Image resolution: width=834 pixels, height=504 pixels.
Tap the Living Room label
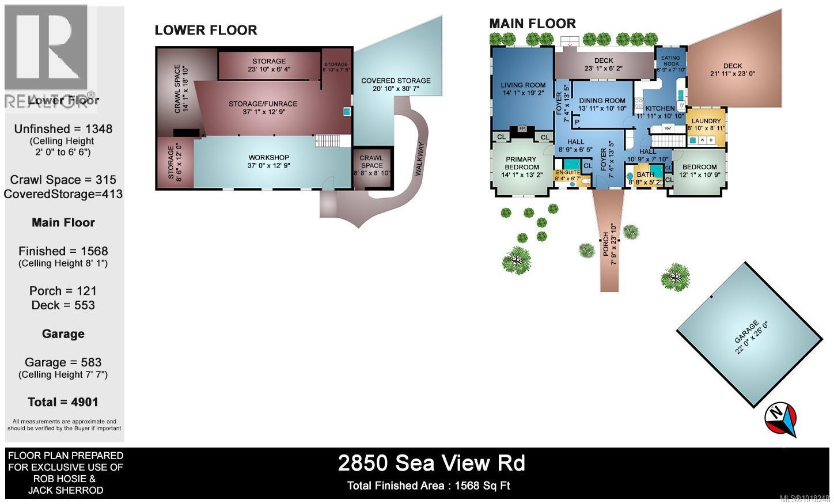(x=523, y=85)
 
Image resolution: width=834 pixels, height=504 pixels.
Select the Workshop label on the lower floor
(x=268, y=158)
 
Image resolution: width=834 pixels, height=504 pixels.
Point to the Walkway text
(x=419, y=159)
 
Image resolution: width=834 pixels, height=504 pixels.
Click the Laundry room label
(x=706, y=122)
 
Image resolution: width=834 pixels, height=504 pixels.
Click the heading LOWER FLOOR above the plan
(x=206, y=31)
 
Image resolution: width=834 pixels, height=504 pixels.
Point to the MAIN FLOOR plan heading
(x=532, y=24)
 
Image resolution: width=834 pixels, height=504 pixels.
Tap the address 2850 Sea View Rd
(x=431, y=463)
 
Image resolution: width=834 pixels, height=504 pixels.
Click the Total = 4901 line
(x=63, y=402)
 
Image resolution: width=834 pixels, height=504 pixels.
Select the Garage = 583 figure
(x=63, y=362)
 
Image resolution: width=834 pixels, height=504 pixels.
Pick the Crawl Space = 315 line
(x=63, y=180)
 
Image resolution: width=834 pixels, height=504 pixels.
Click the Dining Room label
(x=602, y=101)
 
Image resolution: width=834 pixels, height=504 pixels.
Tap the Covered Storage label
(x=396, y=81)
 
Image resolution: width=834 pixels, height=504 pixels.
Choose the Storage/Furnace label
(x=263, y=104)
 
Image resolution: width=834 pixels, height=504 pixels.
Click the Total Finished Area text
(x=429, y=486)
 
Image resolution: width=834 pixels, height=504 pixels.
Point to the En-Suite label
(x=568, y=172)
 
